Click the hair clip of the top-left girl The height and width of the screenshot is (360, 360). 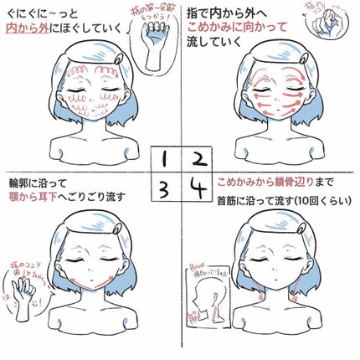tap(121, 59)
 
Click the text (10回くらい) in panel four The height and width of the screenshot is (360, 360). tap(317, 201)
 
